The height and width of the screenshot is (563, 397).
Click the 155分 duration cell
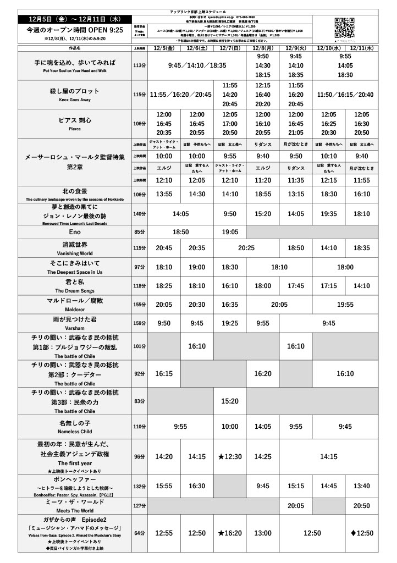140,305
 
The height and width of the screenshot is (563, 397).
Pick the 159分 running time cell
140,323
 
